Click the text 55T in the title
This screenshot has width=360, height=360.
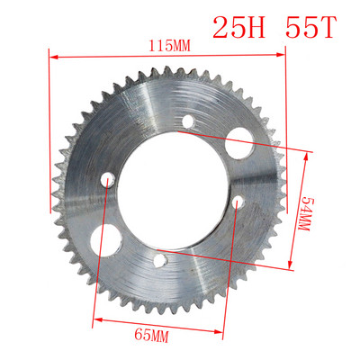click(310, 28)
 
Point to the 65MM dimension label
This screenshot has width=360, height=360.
click(153, 336)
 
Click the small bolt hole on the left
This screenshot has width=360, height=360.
click(108, 182)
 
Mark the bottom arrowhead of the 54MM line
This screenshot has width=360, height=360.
click(291, 265)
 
